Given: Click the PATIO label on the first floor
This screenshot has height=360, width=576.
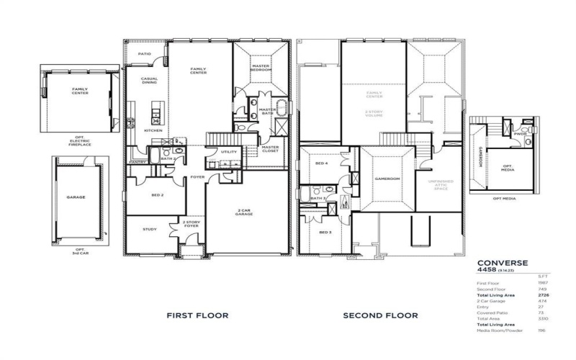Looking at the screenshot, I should pos(145,53).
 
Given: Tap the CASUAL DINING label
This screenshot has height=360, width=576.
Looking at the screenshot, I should pos(149,81).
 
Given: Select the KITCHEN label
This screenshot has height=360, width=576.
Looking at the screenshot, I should pos(153,130).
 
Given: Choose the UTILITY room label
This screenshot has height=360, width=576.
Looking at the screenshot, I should pos(229,152).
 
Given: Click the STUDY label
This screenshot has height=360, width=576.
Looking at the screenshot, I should pos(149,229).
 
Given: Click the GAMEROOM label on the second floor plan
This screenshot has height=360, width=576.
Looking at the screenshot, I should pos(387,178).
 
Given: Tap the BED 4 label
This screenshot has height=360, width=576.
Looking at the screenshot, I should pos(321,164).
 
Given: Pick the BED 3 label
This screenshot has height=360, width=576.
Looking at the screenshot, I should pos(325,232).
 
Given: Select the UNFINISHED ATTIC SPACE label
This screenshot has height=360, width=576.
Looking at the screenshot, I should pos(440,185).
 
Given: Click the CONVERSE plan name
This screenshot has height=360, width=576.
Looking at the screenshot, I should pos(503,263).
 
